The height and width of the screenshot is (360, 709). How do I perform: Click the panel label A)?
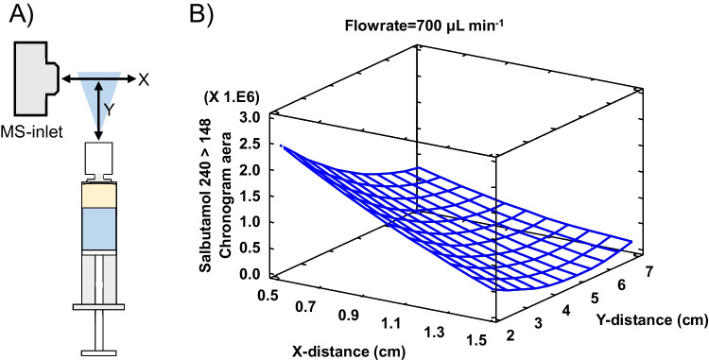pyautogui.click(x=20, y=15)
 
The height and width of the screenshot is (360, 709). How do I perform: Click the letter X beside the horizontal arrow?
pyautogui.click(x=144, y=77)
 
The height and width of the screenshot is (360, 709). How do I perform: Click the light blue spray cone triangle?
pyautogui.click(x=99, y=91)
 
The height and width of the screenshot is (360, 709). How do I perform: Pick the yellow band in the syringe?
pyautogui.click(x=99, y=196)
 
